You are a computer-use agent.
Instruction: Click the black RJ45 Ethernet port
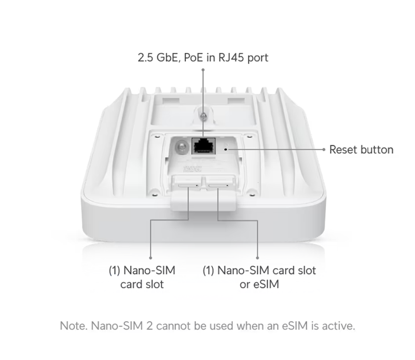pos(203,146)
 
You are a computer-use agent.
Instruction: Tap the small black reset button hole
pos(226,149)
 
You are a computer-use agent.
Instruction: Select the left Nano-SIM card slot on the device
pos(188,186)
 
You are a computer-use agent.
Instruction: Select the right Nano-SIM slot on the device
pos(218,186)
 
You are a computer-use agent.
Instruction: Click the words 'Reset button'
pos(361,150)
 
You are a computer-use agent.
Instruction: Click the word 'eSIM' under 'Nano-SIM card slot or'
pos(266,284)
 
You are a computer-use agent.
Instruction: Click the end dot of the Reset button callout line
pos(324,149)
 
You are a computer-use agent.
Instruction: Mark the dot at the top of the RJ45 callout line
pos(203,70)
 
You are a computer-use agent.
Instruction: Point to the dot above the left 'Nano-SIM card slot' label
pos(150,258)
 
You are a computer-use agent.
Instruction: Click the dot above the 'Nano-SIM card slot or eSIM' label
pos(257,258)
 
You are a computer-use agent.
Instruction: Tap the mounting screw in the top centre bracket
pos(203,116)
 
